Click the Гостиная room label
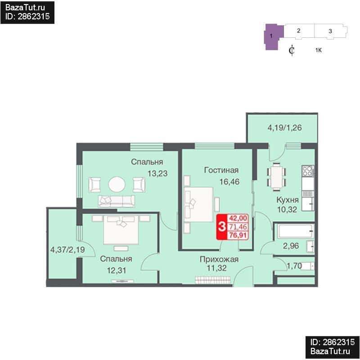pos(221,170)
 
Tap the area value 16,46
pos(229,182)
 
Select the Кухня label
pos(288,200)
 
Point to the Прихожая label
pos(219,260)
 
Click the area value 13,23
pos(157,174)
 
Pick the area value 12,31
pos(117,270)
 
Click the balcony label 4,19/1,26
pos(285,128)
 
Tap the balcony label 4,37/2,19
pos(67,250)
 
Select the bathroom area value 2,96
pos(291,246)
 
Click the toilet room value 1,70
pos(294,266)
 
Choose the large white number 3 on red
pos(221,227)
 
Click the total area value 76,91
pos(238,235)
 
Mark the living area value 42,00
pos(238,218)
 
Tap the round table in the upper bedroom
pos(117,184)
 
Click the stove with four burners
pos(308,171)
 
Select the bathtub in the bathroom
pos(295,231)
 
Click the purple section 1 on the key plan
pos(273,36)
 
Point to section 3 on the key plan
pos(331,31)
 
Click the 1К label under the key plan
pos(319,50)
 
